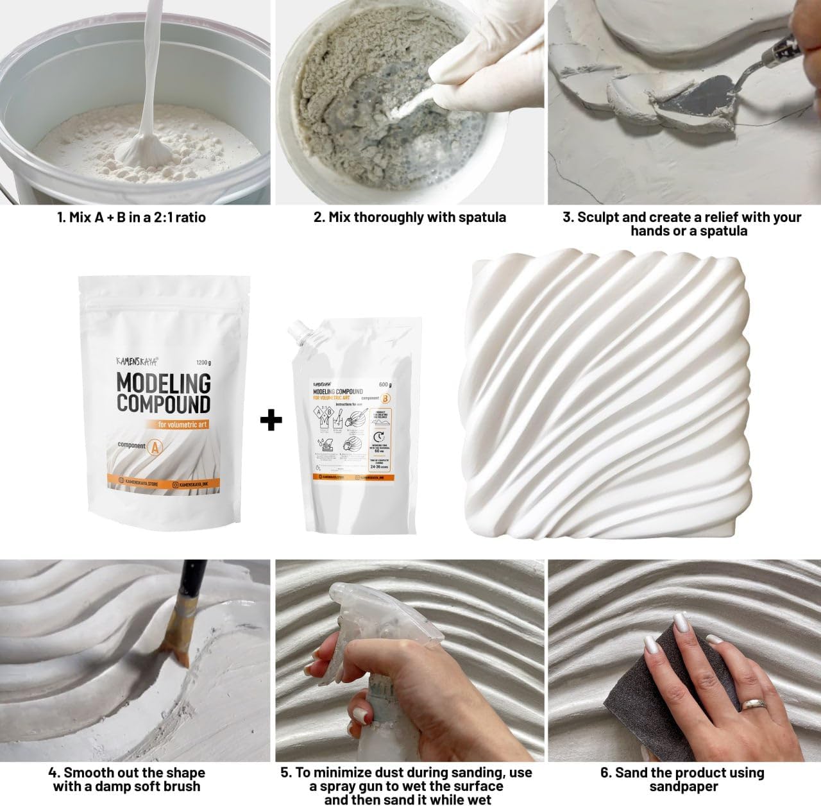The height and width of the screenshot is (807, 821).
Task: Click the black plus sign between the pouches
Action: coord(271,420)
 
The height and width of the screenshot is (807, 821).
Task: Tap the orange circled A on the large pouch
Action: coord(154,447)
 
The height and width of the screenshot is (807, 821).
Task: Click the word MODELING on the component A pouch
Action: coord(164,384)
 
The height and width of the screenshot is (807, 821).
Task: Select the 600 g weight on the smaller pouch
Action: coord(385,385)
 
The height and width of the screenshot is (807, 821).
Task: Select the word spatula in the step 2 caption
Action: coord(482,217)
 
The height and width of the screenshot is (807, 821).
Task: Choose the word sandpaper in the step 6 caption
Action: coord(684,786)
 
